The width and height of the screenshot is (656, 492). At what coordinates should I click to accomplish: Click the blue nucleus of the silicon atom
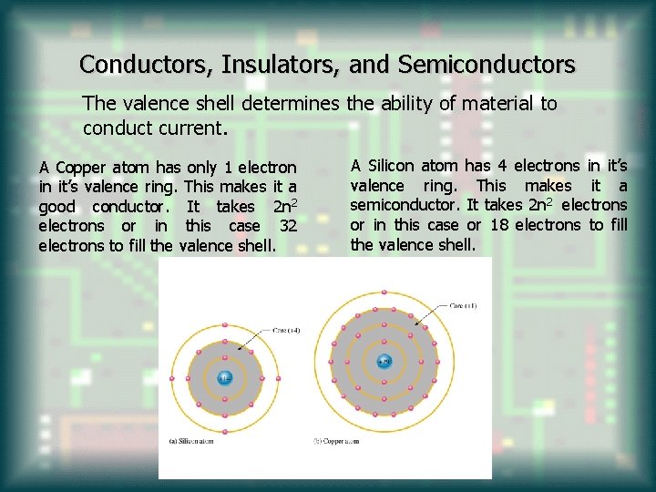[x=224, y=377]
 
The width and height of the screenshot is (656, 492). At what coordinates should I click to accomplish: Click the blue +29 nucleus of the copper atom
[x=384, y=361]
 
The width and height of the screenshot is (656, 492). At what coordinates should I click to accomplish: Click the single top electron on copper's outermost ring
[x=384, y=292]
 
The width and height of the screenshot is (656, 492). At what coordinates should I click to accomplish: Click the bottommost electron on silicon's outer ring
[x=224, y=431]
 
